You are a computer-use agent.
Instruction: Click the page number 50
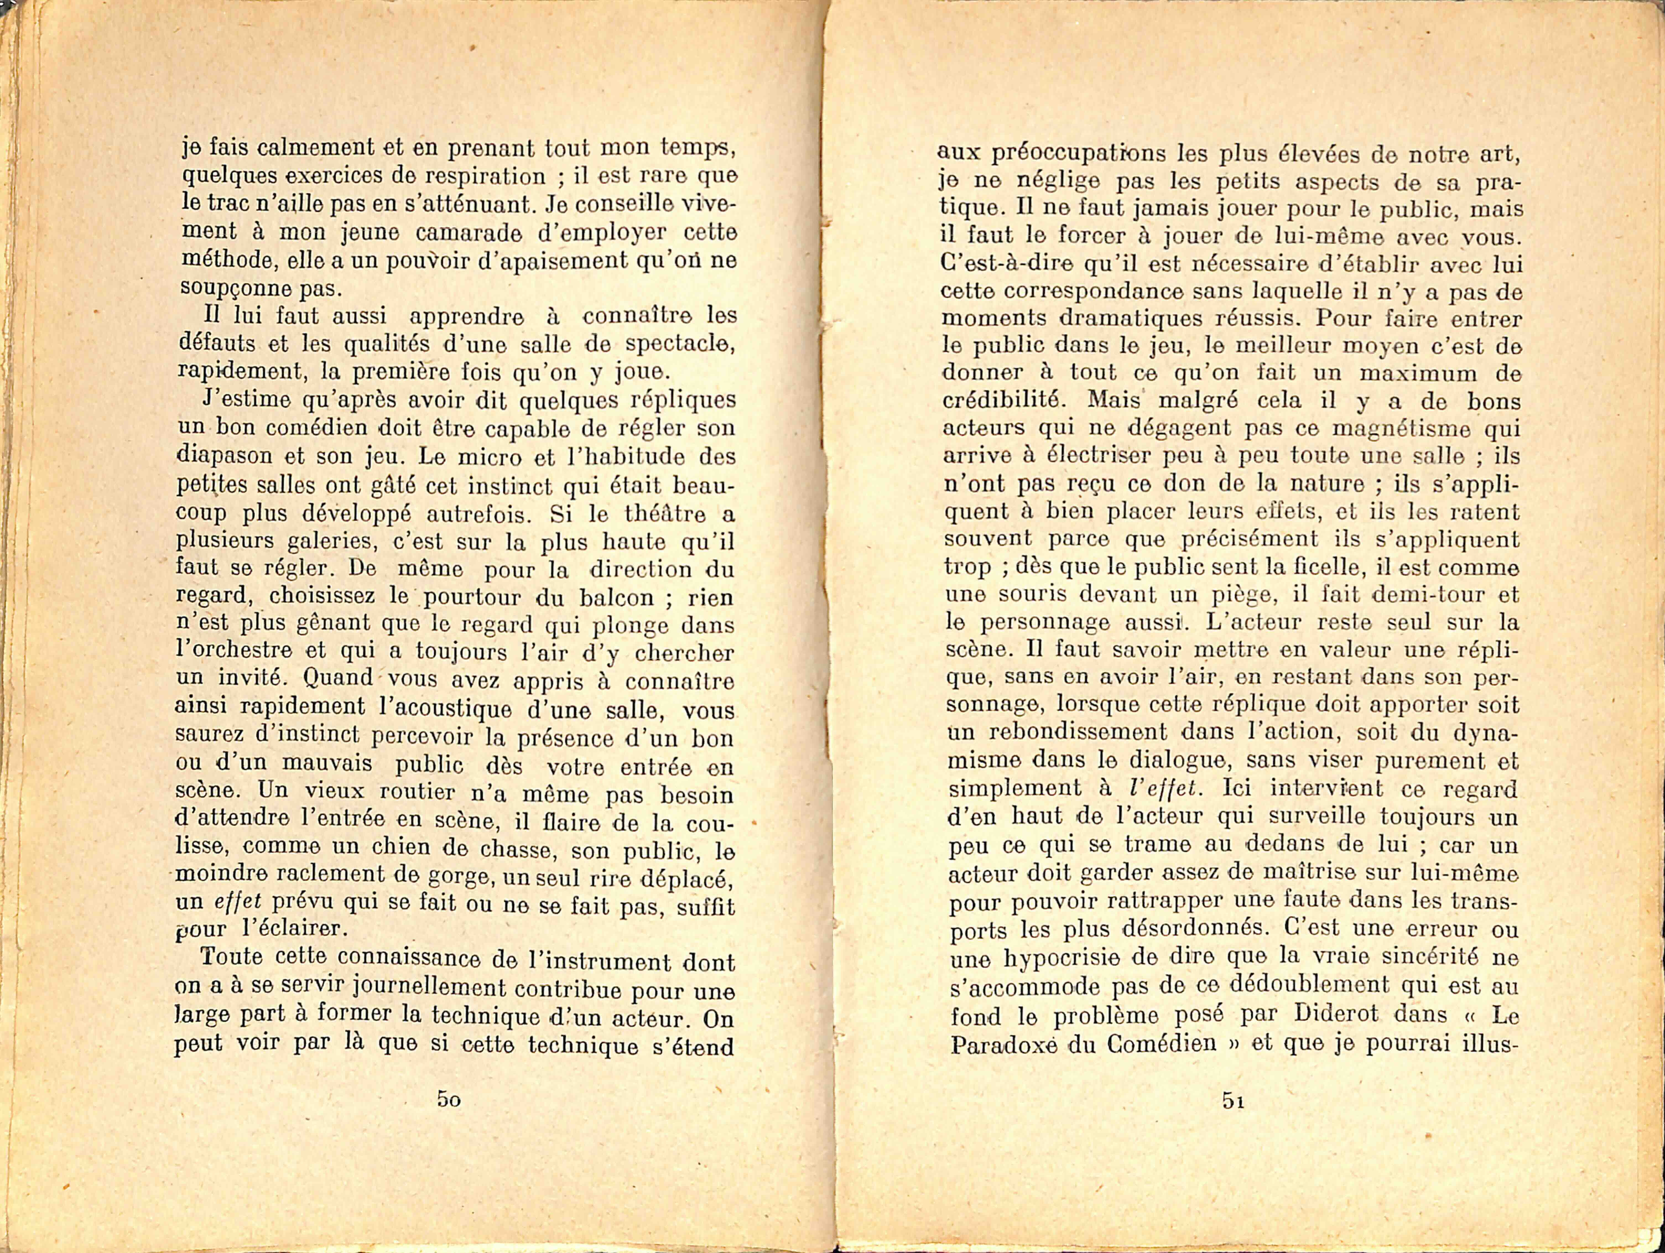point(449,1099)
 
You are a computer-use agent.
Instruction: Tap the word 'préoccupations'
point(1076,154)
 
